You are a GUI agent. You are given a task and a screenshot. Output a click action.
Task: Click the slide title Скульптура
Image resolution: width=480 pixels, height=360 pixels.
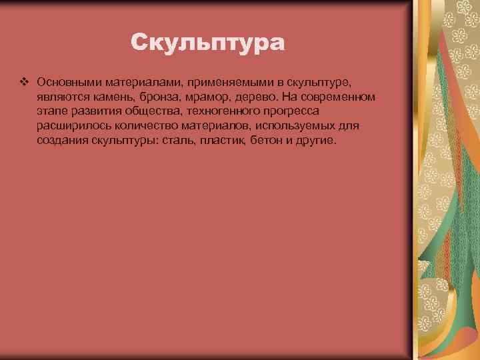(x=207, y=43)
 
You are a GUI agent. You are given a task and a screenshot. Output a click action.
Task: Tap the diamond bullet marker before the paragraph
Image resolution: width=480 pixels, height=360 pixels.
(x=25, y=82)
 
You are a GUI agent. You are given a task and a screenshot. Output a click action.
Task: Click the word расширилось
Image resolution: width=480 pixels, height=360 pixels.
(x=70, y=127)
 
